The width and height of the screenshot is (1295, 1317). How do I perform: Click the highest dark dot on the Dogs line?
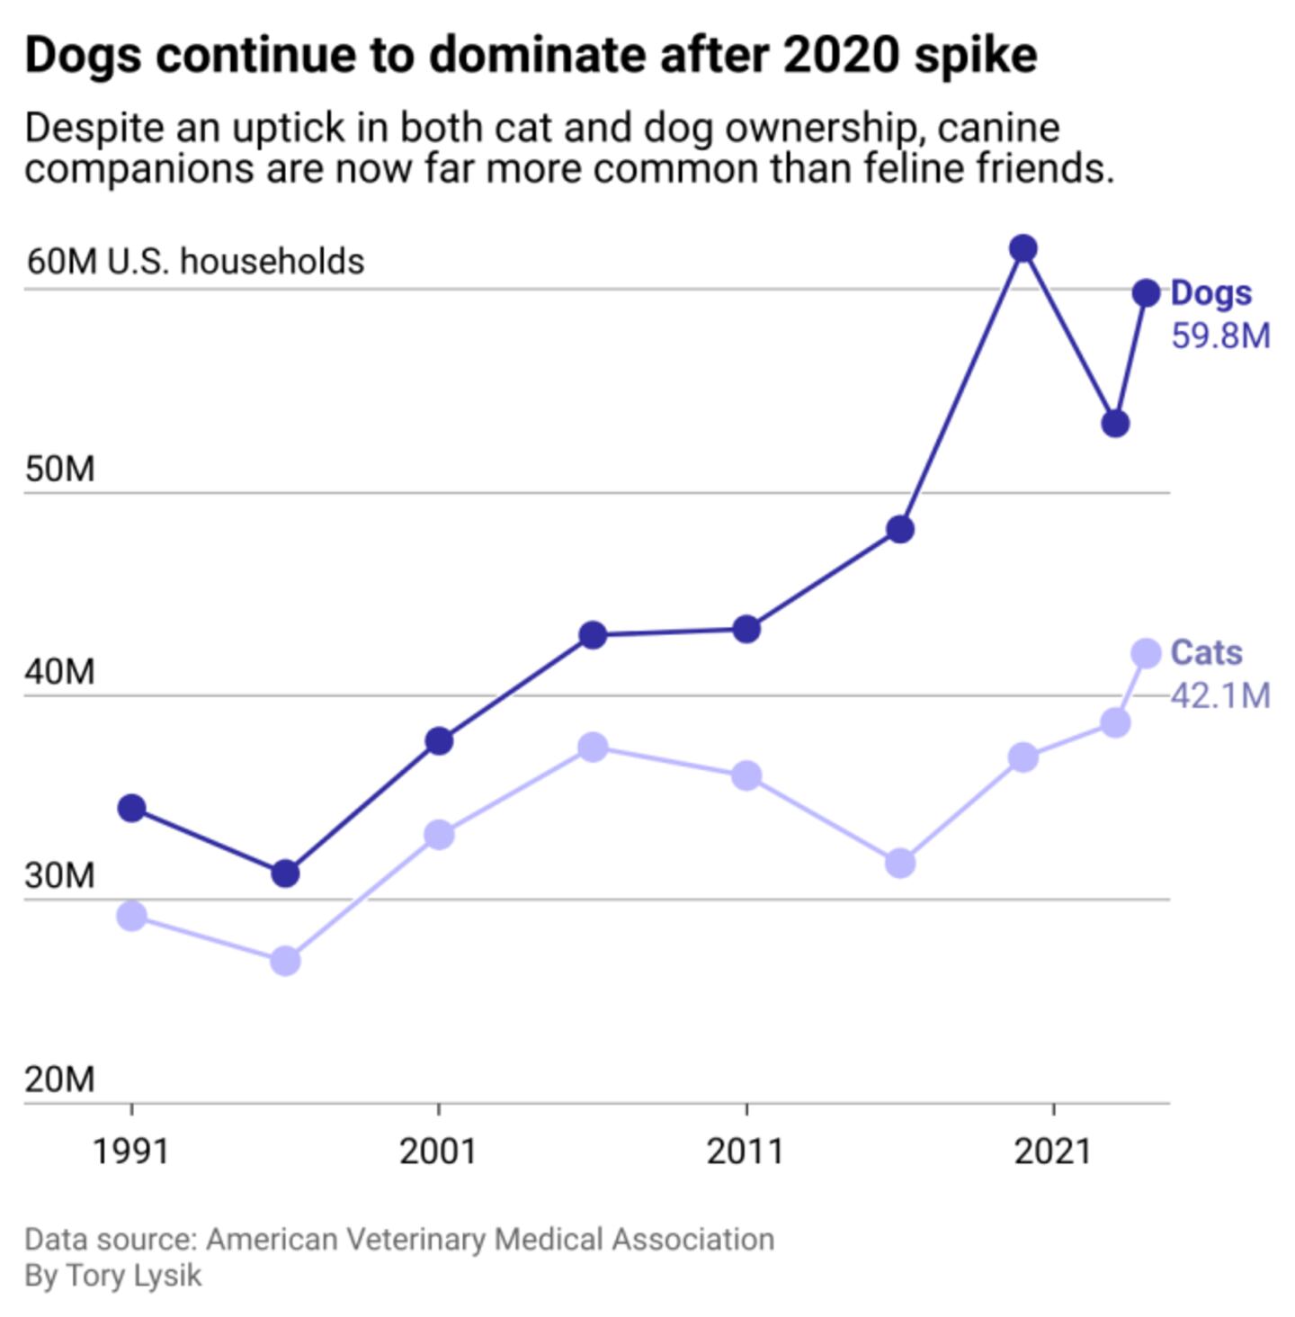click(1023, 248)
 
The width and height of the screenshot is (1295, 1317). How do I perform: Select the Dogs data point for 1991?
click(132, 808)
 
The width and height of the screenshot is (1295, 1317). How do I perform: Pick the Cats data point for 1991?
click(132, 917)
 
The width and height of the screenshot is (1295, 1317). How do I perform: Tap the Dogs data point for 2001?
click(439, 741)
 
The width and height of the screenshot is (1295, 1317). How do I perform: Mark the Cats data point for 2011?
click(746, 775)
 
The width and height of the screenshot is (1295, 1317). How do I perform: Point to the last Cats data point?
click(1147, 653)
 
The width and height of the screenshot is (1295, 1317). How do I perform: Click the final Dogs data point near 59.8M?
click(1147, 292)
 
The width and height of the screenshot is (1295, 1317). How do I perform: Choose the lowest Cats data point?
click(285, 961)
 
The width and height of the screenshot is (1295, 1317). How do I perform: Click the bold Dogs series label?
click(1210, 293)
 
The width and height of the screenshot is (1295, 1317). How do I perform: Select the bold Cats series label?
click(1206, 652)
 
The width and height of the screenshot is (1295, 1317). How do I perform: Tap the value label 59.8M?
click(1220, 336)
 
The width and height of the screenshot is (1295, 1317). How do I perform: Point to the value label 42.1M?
click(1220, 695)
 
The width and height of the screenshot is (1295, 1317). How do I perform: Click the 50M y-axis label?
click(59, 470)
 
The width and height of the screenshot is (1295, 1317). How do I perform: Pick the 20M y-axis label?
click(59, 1079)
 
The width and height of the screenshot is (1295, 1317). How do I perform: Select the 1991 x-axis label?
click(131, 1151)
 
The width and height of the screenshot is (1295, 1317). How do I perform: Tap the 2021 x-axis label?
click(1053, 1151)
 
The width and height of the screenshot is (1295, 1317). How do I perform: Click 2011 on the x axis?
click(746, 1151)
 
